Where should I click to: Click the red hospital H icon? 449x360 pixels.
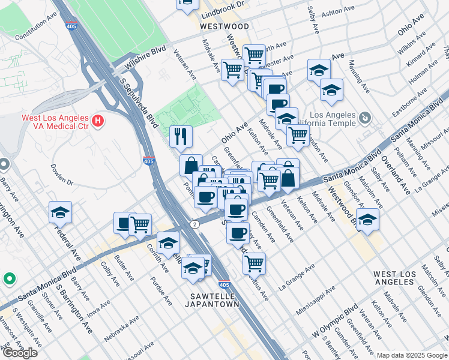pos(98,122)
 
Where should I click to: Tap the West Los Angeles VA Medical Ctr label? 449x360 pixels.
pos(55,122)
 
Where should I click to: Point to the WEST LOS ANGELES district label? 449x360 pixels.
pos(394,278)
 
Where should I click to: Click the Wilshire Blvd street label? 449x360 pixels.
pos(145,59)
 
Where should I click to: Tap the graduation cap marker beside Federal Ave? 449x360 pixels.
pos(60,212)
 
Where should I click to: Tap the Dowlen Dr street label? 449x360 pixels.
pos(62,173)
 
